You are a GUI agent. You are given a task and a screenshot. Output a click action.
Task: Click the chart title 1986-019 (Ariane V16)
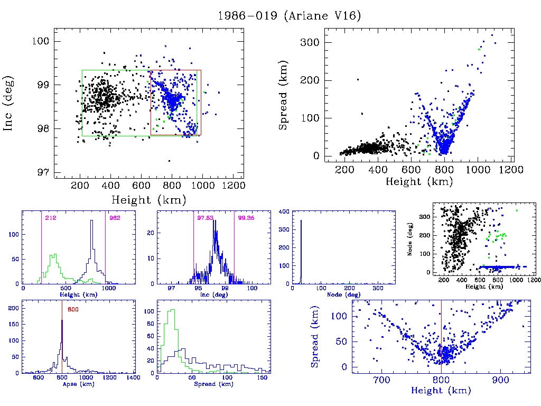click(x=290, y=16)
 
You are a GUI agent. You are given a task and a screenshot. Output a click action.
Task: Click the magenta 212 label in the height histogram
click(x=51, y=218)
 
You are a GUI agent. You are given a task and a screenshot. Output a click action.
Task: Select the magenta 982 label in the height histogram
click(x=115, y=218)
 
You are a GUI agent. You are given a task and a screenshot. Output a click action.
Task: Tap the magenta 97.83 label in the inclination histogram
click(x=205, y=218)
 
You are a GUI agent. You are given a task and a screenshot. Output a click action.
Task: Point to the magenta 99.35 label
click(x=246, y=218)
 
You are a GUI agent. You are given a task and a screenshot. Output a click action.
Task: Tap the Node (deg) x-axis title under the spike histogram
click(x=343, y=294)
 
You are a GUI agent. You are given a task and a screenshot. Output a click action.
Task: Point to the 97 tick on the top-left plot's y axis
click(x=44, y=172)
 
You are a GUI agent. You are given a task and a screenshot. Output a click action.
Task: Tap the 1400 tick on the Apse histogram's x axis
click(x=134, y=378)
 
